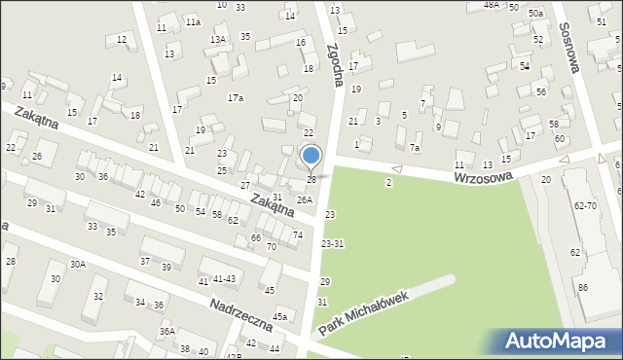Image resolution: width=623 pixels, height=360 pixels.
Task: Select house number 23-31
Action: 332,244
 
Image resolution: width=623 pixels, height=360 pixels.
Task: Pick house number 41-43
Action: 224,279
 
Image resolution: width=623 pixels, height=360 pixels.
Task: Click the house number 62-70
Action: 586,206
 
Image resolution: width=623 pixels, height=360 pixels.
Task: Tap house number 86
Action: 582,288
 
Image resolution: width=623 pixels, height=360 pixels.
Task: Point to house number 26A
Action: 305,199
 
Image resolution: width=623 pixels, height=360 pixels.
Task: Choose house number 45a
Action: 280,316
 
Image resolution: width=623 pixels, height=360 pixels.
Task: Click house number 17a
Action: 236,98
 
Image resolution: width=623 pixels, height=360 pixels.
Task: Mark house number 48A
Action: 491,5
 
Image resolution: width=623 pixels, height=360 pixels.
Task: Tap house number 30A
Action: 77,264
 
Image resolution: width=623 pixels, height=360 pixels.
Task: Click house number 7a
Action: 415,148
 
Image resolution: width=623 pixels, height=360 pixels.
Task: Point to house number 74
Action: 298,235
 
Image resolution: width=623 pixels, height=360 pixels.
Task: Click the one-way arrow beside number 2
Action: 396,169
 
